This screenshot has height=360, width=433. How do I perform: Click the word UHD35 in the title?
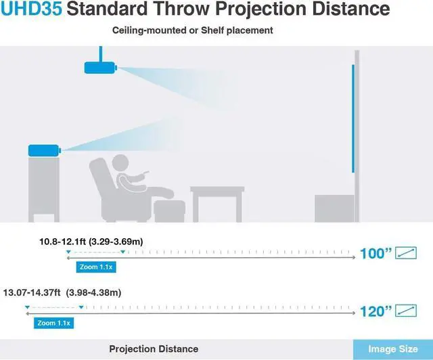[x=31, y=8]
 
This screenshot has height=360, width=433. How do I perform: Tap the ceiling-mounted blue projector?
[x=101, y=68]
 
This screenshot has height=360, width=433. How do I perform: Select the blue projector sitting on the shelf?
[x=45, y=151]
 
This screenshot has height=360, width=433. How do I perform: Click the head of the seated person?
[x=120, y=163]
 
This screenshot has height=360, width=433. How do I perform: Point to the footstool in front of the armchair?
[x=170, y=211]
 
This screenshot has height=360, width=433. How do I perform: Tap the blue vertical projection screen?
[x=353, y=118]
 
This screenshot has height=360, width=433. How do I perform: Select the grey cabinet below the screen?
[x=334, y=208]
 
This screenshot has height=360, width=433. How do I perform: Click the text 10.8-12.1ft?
[x=63, y=242]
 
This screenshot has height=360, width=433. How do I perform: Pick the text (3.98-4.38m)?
[x=93, y=292]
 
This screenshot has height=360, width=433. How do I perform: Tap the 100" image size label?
[x=376, y=253]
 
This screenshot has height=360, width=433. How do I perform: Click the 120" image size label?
[x=376, y=311]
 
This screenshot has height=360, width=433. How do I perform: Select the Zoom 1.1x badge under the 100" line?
[x=96, y=267]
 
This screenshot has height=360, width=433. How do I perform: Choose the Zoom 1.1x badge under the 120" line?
[x=54, y=323]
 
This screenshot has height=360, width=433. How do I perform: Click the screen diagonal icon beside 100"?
[x=406, y=253]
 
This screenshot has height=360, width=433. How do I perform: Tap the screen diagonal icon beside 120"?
[x=406, y=311]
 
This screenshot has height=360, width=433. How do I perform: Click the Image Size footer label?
[x=393, y=349]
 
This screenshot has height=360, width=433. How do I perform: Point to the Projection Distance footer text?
[x=154, y=349]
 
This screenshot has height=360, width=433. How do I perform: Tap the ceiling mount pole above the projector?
[x=101, y=54]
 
